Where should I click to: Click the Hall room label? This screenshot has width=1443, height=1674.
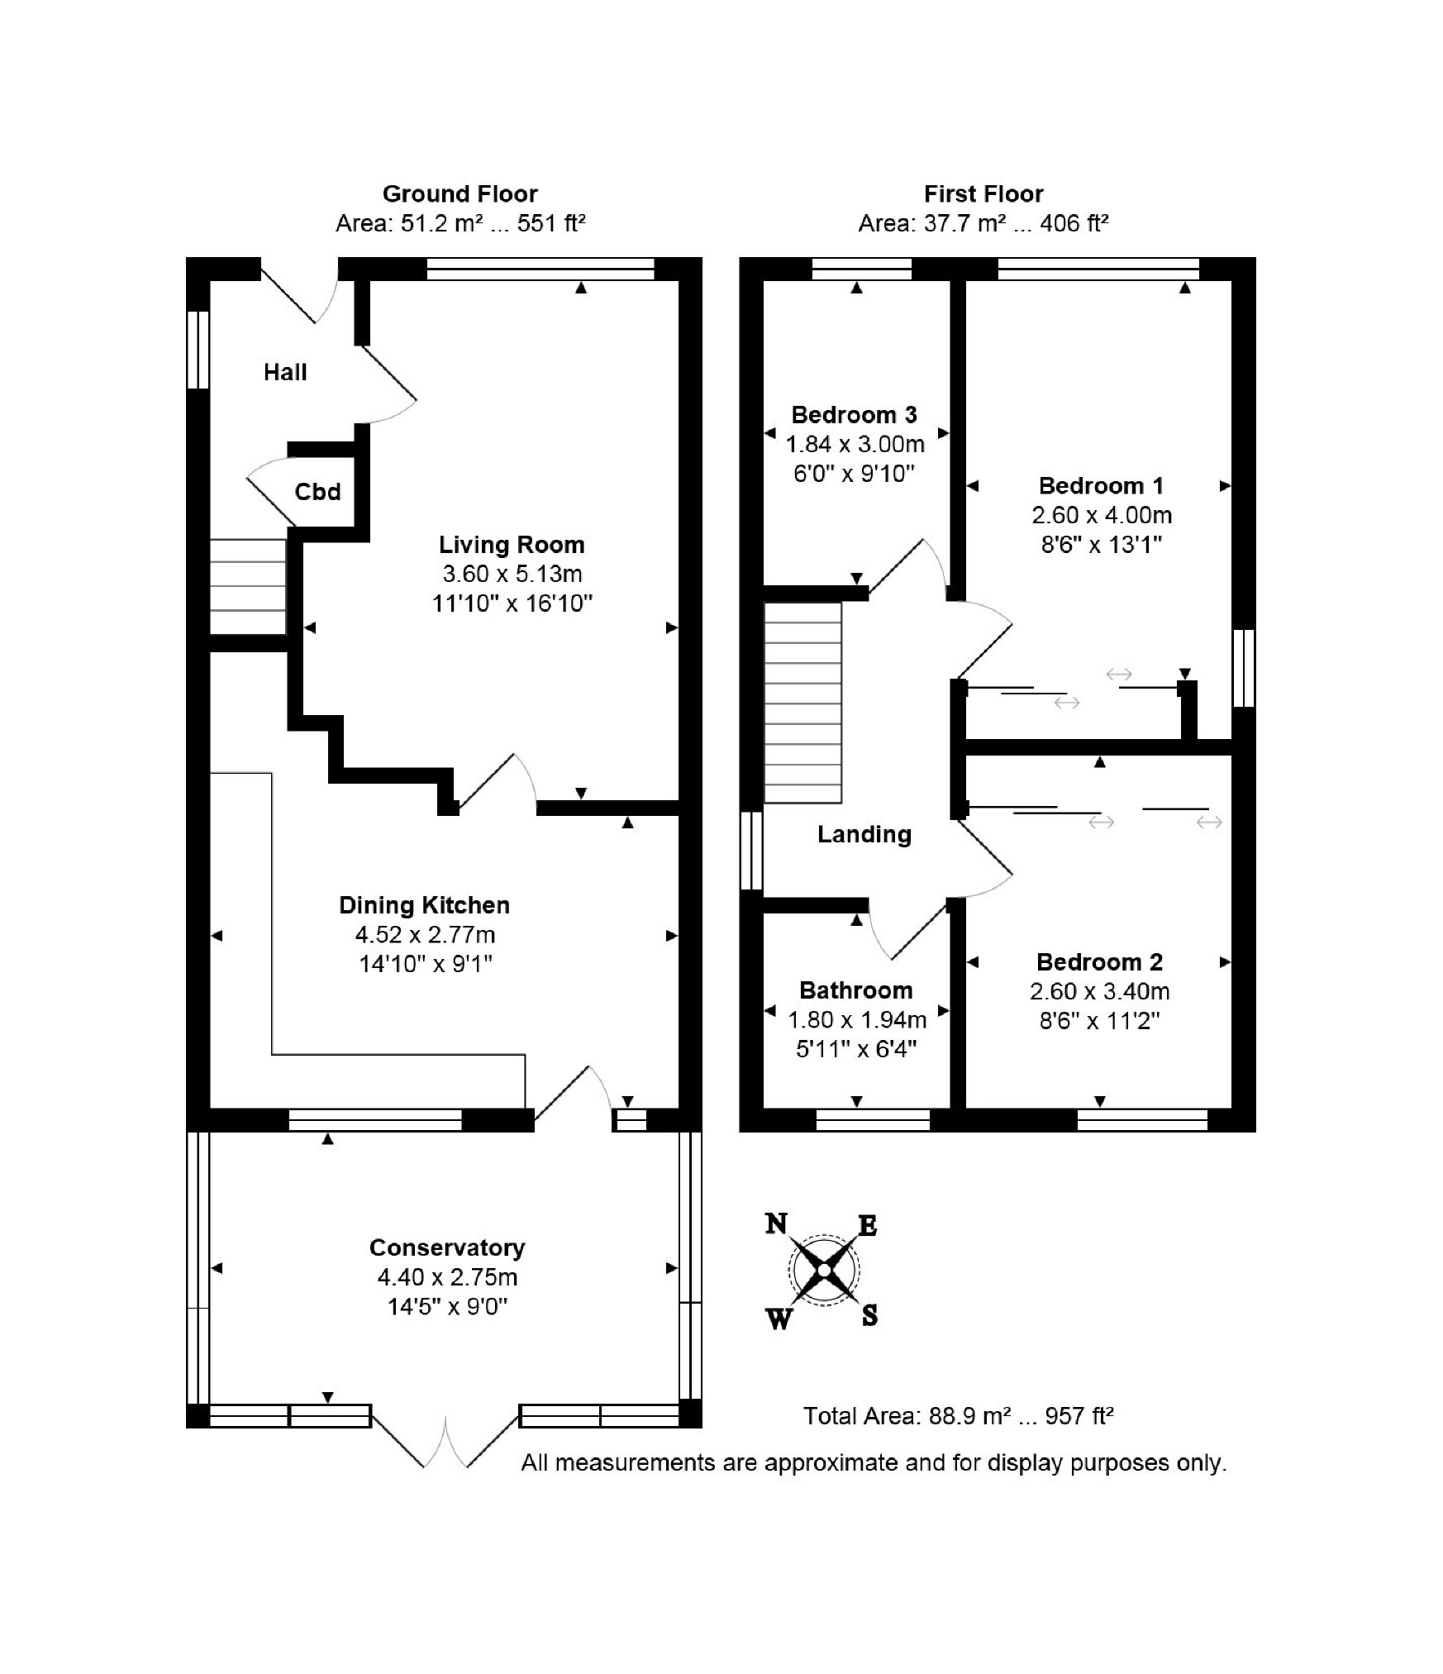tap(285, 372)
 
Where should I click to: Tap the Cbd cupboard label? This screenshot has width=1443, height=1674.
tap(317, 492)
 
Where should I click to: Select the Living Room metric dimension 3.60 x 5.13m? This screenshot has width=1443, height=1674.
tap(512, 574)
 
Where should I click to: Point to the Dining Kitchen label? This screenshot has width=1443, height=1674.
tap(424, 905)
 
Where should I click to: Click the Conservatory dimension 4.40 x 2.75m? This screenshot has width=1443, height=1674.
tap(448, 1277)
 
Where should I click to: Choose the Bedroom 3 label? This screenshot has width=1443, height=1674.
tap(855, 414)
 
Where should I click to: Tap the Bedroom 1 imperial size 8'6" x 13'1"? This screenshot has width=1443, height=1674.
tap(1102, 545)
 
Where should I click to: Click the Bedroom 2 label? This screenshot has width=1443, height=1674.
tap(1100, 961)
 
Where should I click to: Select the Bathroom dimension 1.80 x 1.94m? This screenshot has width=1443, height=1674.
tap(857, 1019)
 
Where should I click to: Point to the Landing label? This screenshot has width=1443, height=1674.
tap(864, 834)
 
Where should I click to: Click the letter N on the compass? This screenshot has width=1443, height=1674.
tap(776, 1223)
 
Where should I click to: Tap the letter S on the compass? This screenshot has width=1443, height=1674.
tap(869, 1315)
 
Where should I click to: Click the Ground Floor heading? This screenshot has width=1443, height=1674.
tap(460, 194)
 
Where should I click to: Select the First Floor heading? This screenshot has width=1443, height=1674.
tap(983, 194)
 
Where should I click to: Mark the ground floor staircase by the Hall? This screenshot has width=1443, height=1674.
tap(248, 586)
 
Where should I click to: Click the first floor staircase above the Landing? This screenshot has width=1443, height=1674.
tap(802, 703)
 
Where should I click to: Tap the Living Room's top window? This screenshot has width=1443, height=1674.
tap(541, 269)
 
